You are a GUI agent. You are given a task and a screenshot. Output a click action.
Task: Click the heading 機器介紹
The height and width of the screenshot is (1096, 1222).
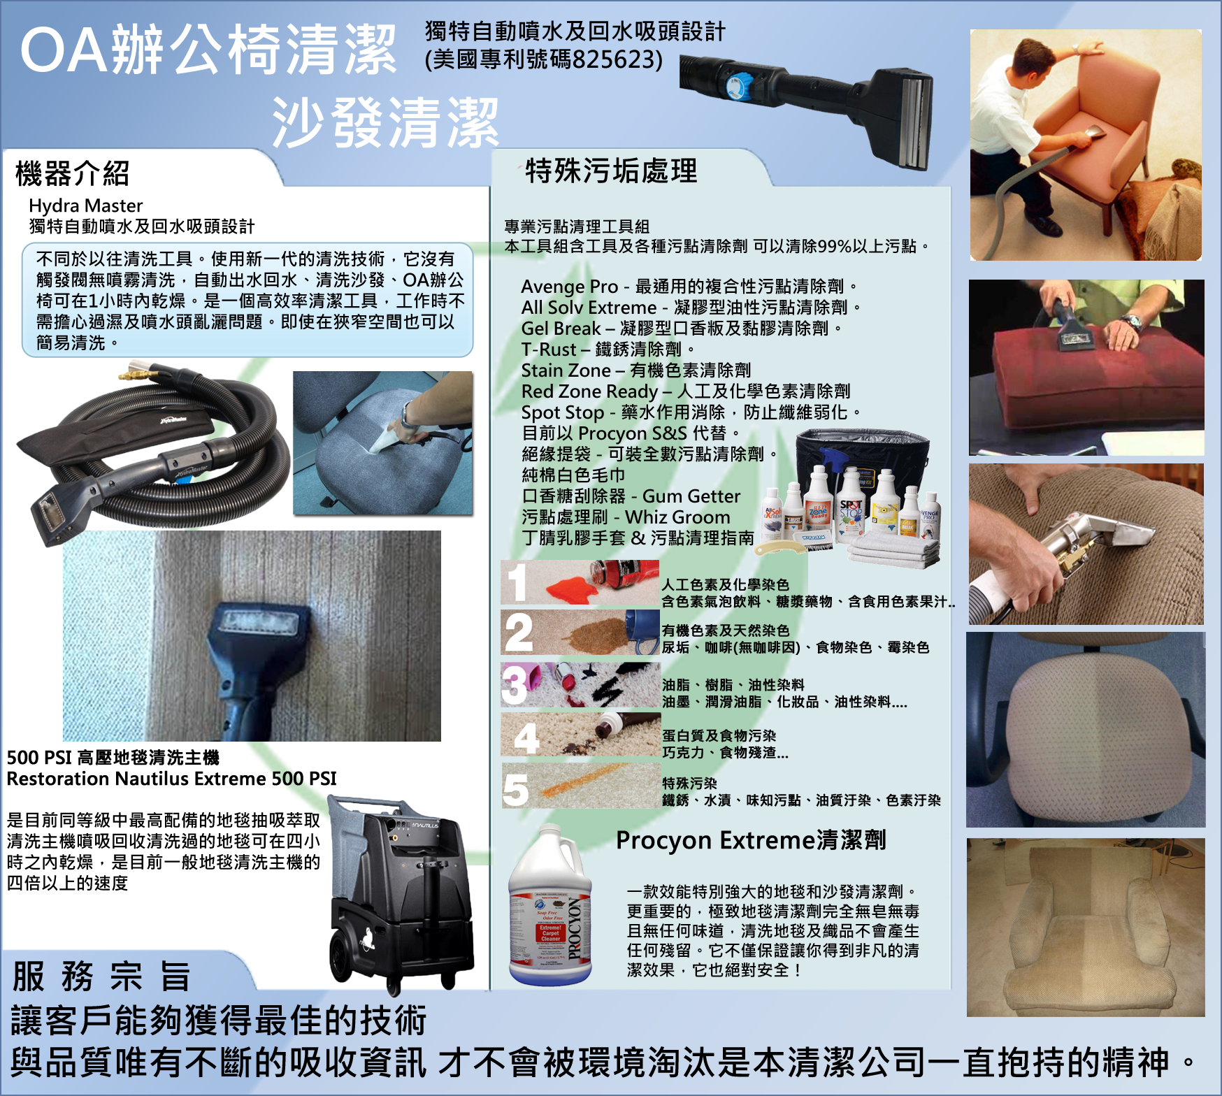click(73, 173)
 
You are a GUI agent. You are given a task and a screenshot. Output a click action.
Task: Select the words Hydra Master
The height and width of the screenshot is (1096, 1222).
click(86, 206)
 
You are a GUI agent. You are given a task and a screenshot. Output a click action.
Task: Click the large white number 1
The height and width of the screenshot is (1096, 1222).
click(517, 582)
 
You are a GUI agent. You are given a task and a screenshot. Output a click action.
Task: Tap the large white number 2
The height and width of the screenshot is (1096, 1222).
click(519, 633)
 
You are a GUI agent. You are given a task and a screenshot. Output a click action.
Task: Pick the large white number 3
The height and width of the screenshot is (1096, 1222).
click(515, 685)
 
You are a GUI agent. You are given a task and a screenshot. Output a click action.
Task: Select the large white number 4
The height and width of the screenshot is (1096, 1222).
click(526, 737)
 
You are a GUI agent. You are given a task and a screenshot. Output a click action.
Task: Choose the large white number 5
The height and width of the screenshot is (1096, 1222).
click(516, 790)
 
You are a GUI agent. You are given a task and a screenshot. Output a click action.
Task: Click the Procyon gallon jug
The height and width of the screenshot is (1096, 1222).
click(550, 905)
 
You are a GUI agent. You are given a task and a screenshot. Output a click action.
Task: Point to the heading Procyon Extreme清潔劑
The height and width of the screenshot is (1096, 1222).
click(751, 839)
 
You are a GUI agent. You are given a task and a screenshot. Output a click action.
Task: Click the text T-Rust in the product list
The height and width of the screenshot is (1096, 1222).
click(549, 349)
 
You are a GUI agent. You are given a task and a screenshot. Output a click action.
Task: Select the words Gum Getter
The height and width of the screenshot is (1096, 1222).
click(691, 496)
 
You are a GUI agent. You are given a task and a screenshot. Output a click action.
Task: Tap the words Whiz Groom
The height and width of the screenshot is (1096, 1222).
click(677, 517)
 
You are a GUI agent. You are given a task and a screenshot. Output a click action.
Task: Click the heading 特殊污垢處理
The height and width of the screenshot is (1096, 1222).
click(612, 171)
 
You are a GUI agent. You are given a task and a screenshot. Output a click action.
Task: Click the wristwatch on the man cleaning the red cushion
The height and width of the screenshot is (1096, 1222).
click(1133, 324)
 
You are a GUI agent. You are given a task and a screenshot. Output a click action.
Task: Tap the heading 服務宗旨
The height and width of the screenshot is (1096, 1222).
click(101, 976)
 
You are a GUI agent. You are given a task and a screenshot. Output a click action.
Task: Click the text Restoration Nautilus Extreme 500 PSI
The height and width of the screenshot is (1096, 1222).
click(172, 779)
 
